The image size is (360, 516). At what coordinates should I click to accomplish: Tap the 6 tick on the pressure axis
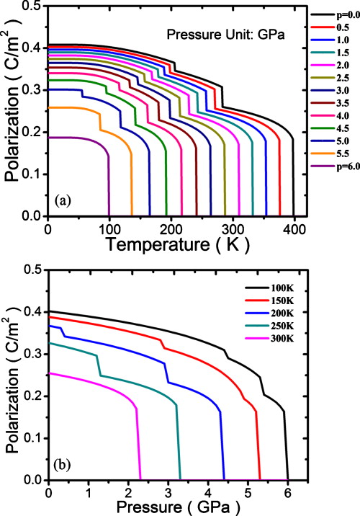(x=288, y=492)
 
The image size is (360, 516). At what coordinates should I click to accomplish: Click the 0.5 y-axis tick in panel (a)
(x=32, y=6)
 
